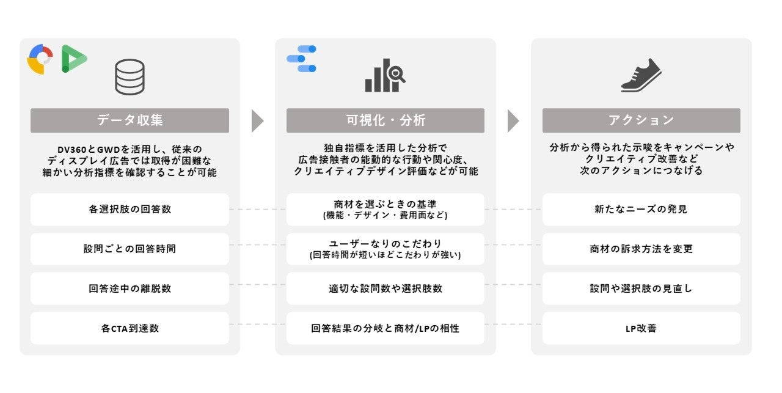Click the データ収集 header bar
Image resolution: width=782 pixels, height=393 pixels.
(x=130, y=120)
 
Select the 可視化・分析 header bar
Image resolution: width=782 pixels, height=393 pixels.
(x=386, y=120)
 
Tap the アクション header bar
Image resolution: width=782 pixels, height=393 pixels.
(x=641, y=120)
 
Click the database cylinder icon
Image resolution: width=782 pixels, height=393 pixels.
(x=130, y=76)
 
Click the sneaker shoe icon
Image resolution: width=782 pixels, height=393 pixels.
(x=641, y=75)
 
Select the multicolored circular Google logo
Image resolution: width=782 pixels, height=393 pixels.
(x=40, y=59)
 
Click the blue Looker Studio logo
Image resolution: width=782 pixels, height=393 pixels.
(x=302, y=59)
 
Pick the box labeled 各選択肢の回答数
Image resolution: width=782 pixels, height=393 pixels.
(x=130, y=210)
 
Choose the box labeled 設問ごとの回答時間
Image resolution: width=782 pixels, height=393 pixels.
(x=130, y=249)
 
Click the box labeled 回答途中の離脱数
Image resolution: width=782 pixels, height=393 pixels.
(x=130, y=288)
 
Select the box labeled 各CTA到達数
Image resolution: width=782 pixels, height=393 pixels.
(x=130, y=328)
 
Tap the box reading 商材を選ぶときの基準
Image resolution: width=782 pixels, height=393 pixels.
(x=386, y=210)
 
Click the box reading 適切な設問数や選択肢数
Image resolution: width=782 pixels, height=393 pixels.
(x=386, y=288)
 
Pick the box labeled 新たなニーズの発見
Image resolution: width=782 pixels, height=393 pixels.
(x=641, y=210)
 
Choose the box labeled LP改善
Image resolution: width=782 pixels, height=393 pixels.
(x=641, y=328)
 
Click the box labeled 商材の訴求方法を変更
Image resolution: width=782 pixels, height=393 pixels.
(x=641, y=249)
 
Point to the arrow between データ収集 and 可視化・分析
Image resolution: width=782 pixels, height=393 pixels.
(x=257, y=121)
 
